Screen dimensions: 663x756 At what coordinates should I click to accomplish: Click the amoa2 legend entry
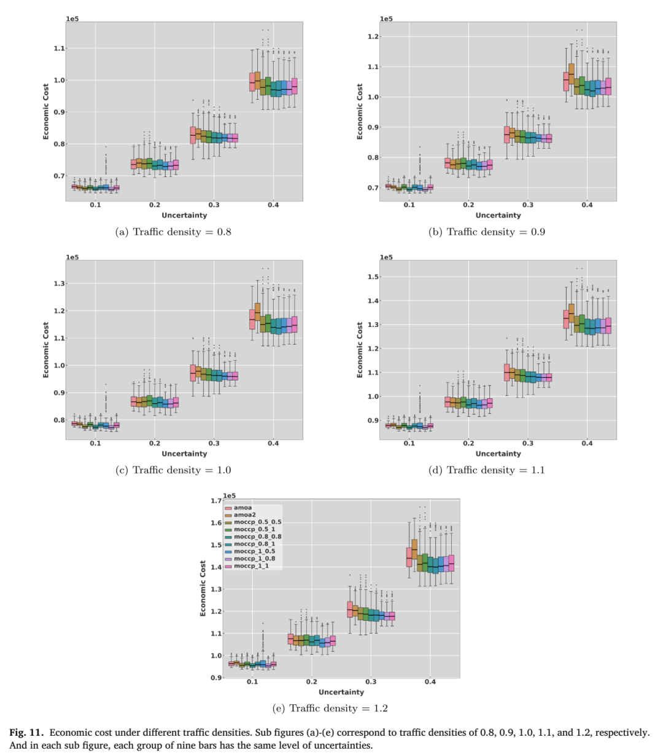(x=241, y=514)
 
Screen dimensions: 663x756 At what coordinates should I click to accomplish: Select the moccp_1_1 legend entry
(x=247, y=565)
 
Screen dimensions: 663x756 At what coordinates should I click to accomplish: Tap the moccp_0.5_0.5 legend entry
(x=253, y=522)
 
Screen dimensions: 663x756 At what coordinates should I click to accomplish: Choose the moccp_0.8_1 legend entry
(x=250, y=544)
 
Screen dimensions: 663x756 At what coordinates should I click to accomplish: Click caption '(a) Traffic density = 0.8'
(x=173, y=232)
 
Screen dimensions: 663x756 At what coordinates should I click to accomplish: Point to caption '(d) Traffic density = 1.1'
(x=486, y=470)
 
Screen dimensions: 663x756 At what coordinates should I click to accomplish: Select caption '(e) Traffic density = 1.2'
(x=330, y=708)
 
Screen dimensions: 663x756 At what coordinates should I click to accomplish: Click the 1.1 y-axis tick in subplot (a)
(x=60, y=48)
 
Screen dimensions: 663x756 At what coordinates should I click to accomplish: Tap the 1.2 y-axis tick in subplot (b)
(x=373, y=36)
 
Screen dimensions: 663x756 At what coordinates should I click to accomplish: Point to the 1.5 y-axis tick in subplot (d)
(x=373, y=277)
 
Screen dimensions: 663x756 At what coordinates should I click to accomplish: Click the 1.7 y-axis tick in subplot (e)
(x=216, y=501)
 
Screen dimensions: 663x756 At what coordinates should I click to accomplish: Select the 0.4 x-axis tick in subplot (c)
(x=273, y=443)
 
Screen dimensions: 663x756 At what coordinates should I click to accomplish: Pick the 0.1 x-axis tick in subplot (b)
(x=409, y=205)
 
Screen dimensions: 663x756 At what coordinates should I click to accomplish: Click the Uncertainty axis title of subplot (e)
(x=341, y=692)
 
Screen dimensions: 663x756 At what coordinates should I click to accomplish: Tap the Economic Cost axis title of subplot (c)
(x=46, y=350)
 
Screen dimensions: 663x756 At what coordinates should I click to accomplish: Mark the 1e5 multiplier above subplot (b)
(x=386, y=18)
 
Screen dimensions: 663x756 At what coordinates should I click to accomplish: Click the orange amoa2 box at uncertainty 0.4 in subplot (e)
(x=414, y=549)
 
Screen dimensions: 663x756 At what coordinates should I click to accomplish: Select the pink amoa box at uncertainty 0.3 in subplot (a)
(x=193, y=135)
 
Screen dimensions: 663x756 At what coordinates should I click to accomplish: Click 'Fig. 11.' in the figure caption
(x=26, y=732)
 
